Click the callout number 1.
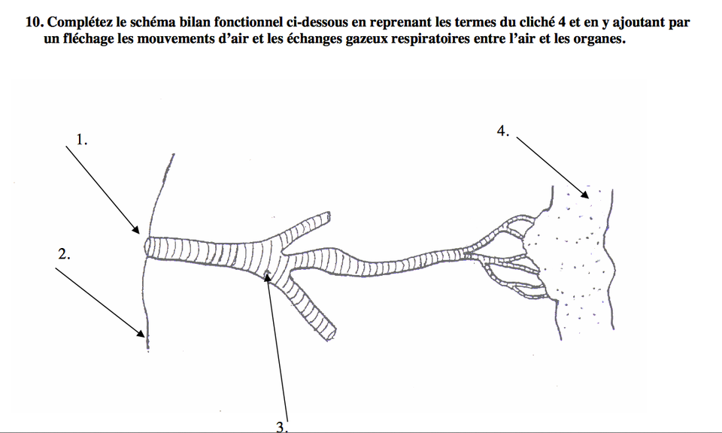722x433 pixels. (81, 139)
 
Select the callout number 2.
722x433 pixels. (64, 254)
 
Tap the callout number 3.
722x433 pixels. (282, 427)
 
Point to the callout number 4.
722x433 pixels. (503, 131)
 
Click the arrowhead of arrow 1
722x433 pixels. (135, 229)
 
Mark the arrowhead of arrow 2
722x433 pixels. (140, 333)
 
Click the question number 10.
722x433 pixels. (35, 22)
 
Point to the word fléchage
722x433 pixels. (89, 39)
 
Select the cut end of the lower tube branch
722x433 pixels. (332, 334)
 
